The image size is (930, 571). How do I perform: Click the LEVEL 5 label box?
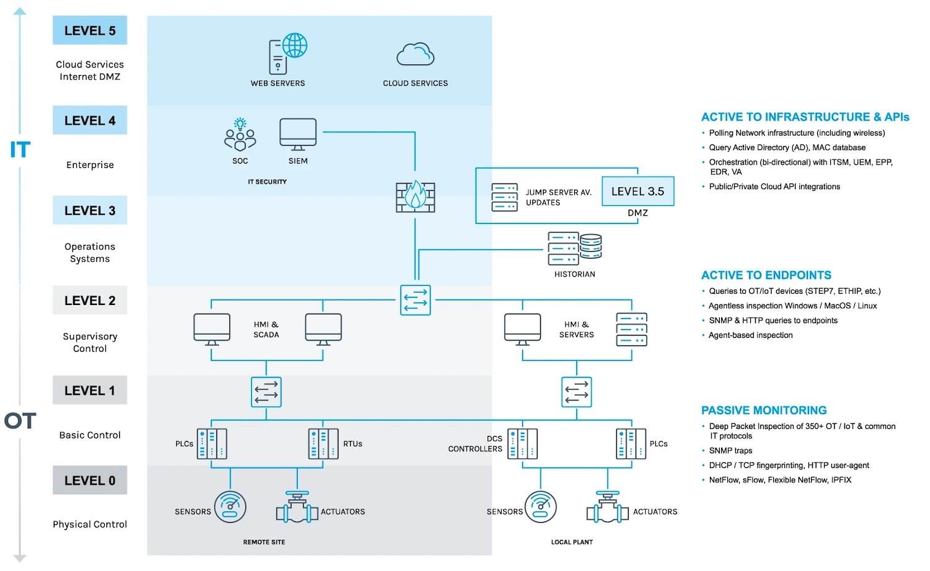[x=90, y=30]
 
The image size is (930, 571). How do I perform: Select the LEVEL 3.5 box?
[x=637, y=192]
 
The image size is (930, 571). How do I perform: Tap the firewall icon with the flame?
[x=415, y=197]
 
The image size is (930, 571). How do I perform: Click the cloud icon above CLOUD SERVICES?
[x=415, y=55]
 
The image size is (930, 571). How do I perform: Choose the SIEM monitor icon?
[x=298, y=134]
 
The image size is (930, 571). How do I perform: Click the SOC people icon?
[x=240, y=135]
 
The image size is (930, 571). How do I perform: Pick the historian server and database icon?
[x=575, y=249]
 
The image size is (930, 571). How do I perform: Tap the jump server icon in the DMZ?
[x=505, y=197]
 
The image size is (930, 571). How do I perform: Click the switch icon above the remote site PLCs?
[x=267, y=392]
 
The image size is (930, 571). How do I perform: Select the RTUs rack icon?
[x=323, y=444]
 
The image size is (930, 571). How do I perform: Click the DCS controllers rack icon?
[x=522, y=444]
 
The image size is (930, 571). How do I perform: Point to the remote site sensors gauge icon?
[x=230, y=507]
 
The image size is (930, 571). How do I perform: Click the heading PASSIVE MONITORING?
[x=764, y=410]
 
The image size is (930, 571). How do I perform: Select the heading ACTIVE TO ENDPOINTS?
[x=766, y=275]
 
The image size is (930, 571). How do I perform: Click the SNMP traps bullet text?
[x=730, y=451]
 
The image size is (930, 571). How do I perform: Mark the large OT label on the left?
[x=20, y=421]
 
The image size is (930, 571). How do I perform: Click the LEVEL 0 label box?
[x=90, y=480]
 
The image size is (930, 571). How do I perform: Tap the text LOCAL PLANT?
[x=572, y=542]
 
